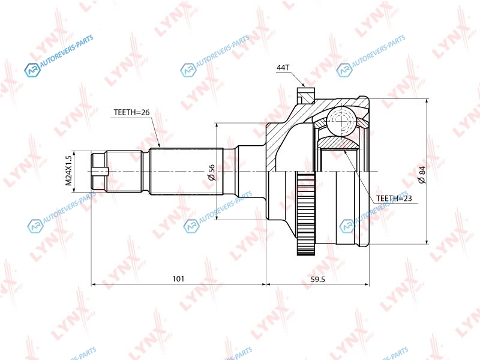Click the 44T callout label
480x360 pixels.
tap(283, 68)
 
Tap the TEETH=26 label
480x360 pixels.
tap(131, 112)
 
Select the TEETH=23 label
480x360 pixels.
tap(394, 199)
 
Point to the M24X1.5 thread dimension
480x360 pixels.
tap(68, 171)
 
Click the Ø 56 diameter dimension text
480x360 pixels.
tap(211, 173)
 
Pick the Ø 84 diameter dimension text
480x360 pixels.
tap(422, 175)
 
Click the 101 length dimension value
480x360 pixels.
tap(178, 278)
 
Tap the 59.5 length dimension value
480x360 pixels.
tap(318, 279)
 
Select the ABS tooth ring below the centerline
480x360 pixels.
tap(306, 214)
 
